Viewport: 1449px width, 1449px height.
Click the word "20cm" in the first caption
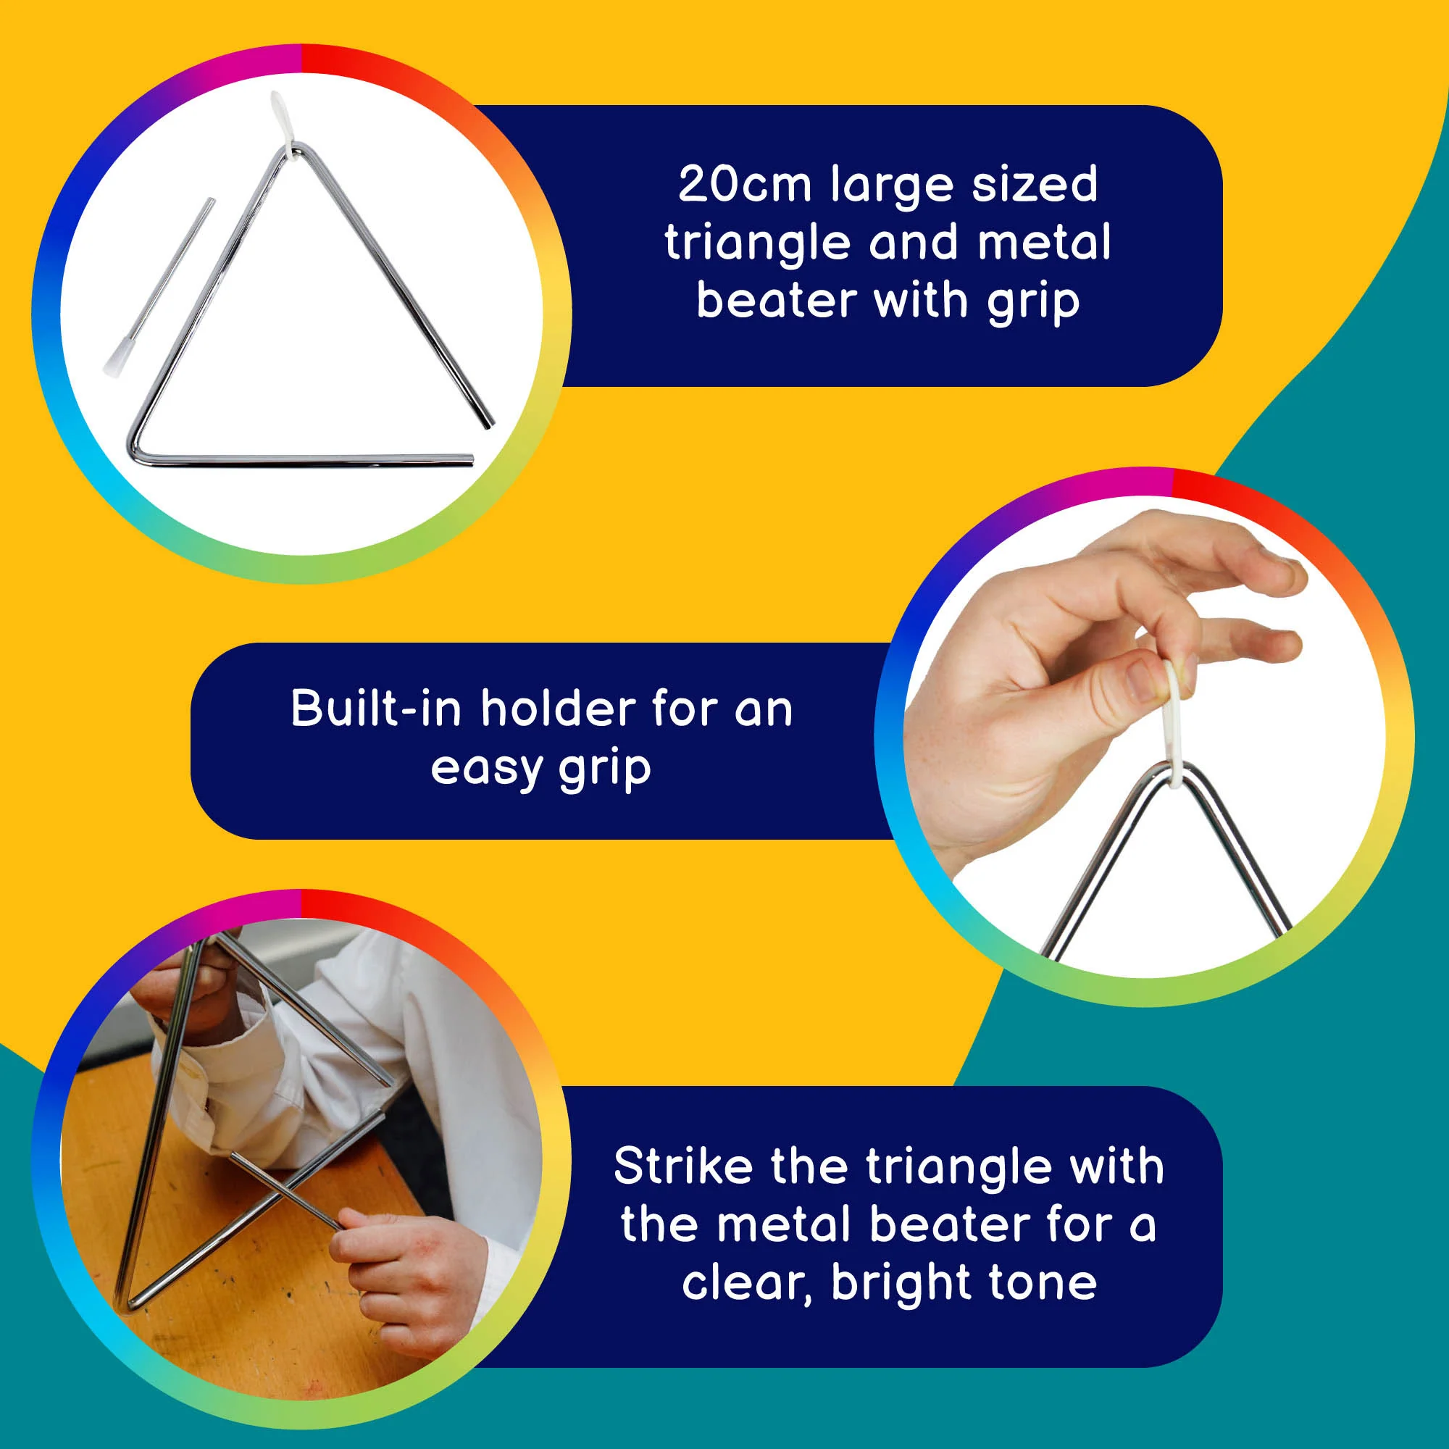745,184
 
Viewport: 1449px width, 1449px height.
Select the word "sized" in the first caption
1035,184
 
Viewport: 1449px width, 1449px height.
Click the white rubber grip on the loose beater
116,357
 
